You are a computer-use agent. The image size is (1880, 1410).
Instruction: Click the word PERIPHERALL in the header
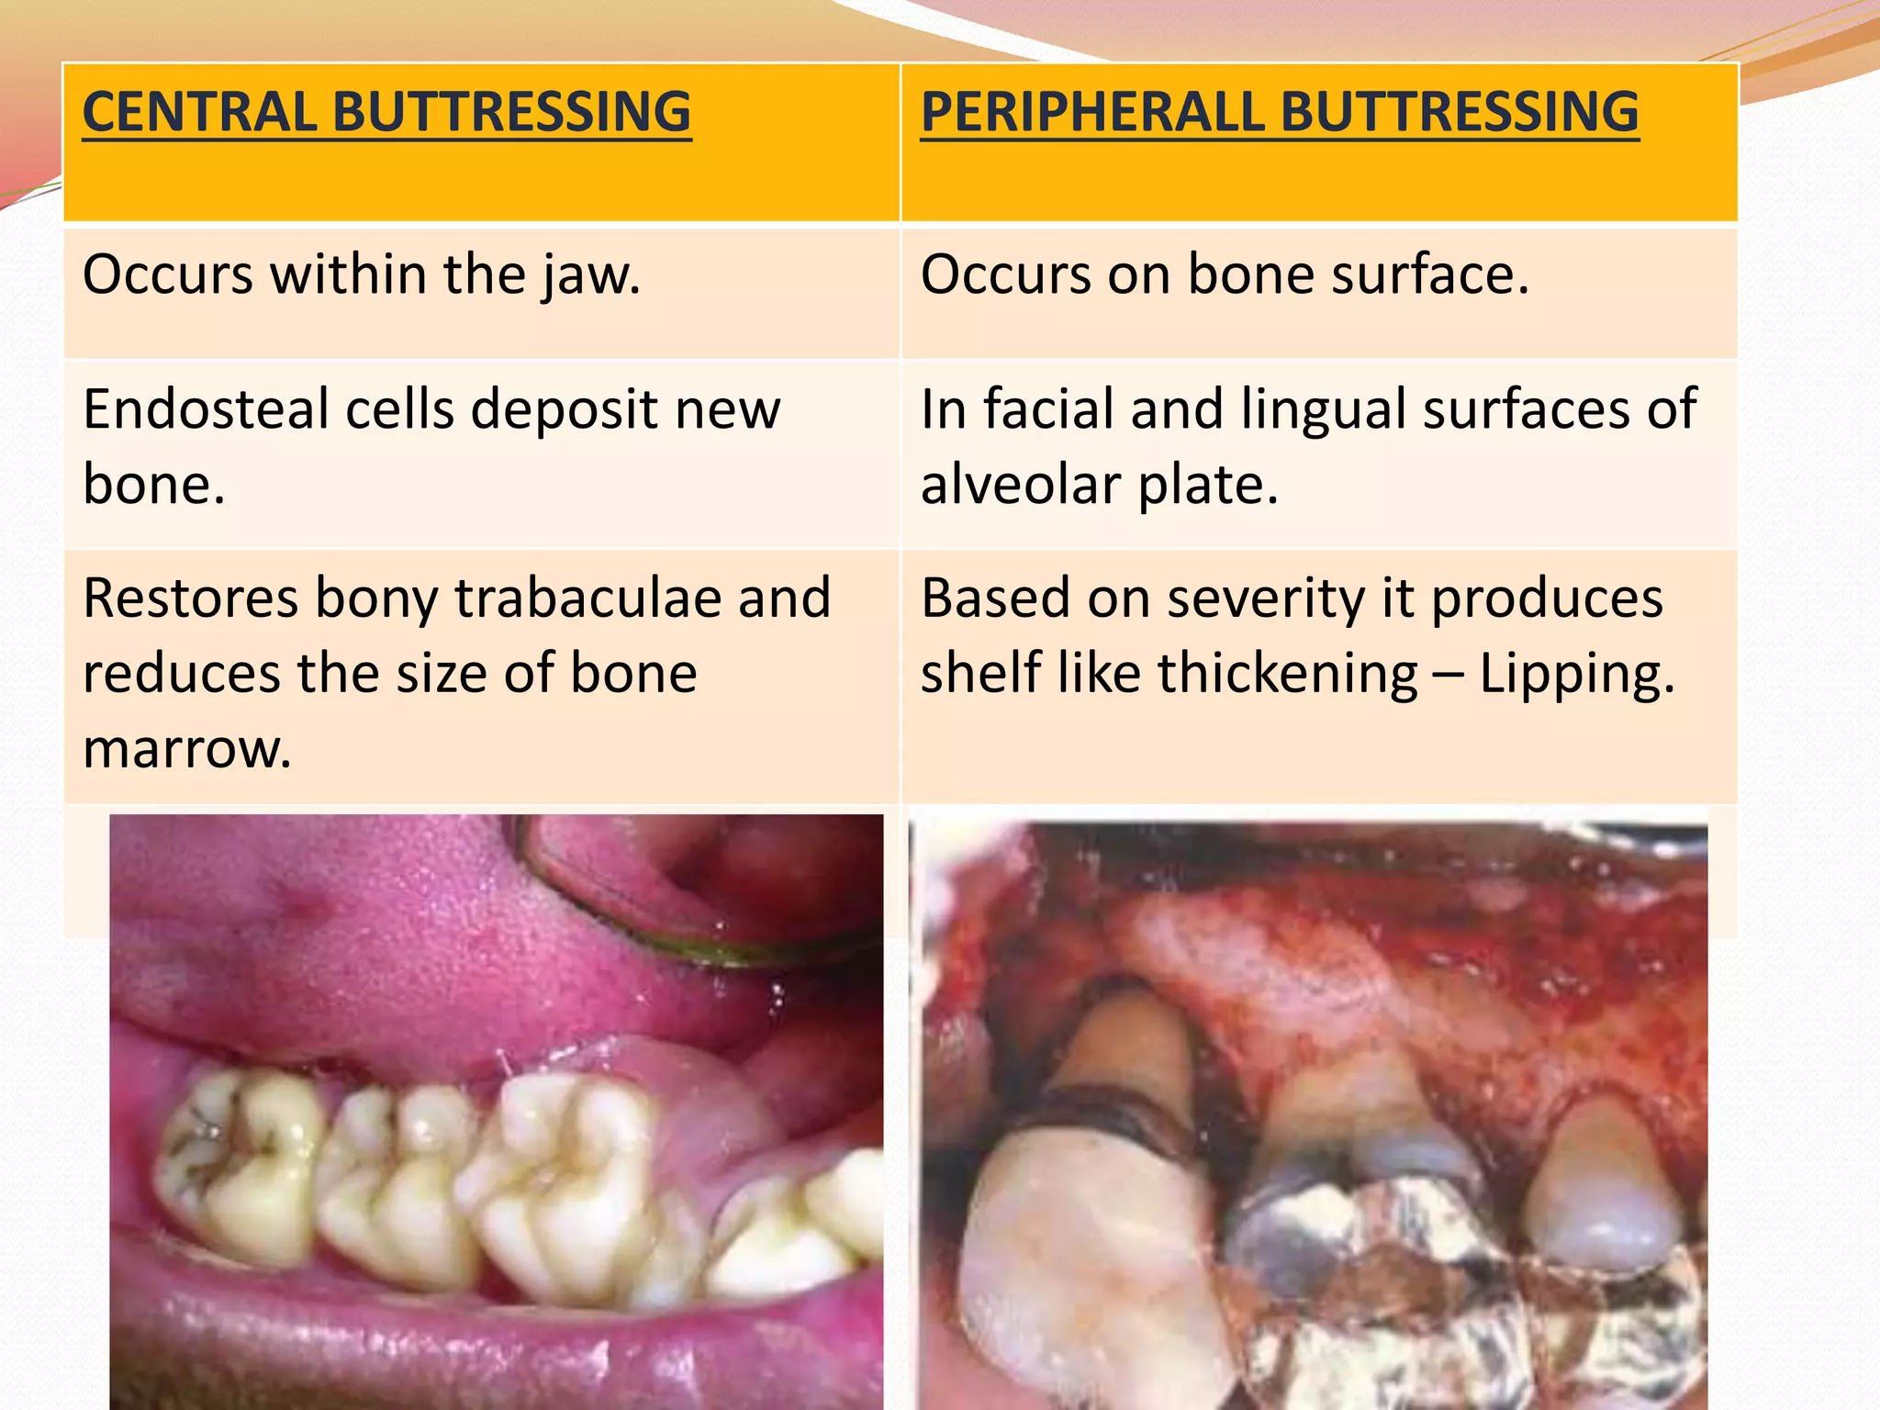click(1091, 112)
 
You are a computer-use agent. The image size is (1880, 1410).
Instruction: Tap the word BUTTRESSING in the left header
click(511, 112)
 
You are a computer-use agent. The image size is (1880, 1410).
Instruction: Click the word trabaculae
click(587, 598)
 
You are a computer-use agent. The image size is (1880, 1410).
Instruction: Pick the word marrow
click(187, 749)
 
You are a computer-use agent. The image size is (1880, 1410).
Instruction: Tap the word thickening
click(1288, 674)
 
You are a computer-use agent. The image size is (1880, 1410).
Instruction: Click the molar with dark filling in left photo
click(234, 1166)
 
